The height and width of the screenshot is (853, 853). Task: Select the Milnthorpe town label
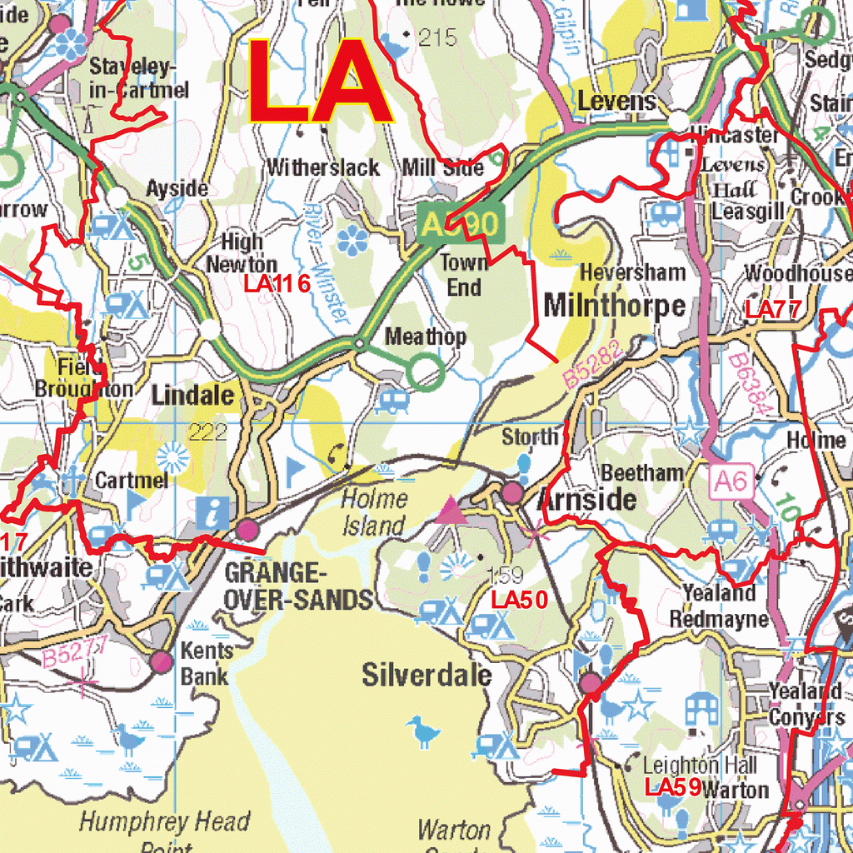click(x=615, y=306)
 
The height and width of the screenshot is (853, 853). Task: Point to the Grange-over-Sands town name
click(x=298, y=586)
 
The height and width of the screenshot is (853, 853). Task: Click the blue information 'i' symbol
click(x=215, y=511)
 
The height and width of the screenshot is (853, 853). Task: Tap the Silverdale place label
click(x=426, y=676)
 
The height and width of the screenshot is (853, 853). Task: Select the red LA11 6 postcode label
click(x=277, y=284)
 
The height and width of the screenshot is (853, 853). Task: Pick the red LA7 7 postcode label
click(x=772, y=310)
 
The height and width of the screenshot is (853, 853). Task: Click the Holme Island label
click(x=374, y=512)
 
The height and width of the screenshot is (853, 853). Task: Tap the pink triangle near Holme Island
click(x=451, y=510)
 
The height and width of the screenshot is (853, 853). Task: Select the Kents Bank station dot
click(x=162, y=662)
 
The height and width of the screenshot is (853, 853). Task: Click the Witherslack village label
click(x=323, y=167)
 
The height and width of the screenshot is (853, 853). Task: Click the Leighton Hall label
click(x=700, y=765)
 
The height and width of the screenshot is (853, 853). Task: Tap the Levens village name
click(x=616, y=102)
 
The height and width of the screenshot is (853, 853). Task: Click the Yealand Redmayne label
click(x=718, y=606)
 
